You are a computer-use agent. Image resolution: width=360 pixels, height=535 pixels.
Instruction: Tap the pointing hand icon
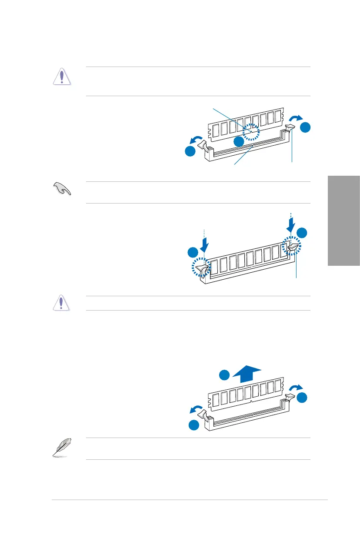pos(61,190)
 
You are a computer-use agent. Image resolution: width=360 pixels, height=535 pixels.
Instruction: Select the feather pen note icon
pos(61,448)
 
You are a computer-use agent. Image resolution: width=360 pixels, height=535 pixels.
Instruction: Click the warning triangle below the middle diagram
pos(61,303)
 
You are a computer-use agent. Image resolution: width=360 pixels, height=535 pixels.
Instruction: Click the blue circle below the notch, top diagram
pos(238,142)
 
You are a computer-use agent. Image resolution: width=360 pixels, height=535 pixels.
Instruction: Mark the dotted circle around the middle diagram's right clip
pos(291,247)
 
